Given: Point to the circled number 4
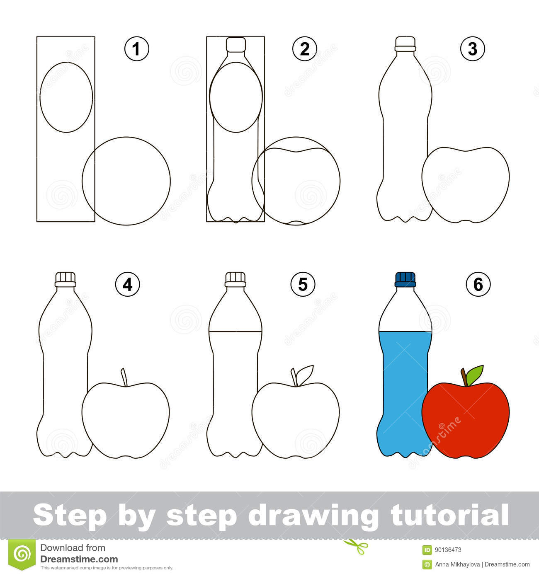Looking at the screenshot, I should (x=127, y=284).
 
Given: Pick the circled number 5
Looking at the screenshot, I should (x=303, y=284).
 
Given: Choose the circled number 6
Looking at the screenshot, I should (x=478, y=284).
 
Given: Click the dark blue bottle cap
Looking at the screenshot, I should (x=405, y=279).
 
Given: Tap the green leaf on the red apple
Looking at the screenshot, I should (x=475, y=374).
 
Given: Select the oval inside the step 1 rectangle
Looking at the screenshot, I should (x=66, y=97).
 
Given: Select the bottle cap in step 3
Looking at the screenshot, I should (x=405, y=44).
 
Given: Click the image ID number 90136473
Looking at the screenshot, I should (x=448, y=550).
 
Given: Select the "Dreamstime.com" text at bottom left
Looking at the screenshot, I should (x=79, y=559).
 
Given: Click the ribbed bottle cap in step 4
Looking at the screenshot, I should (x=66, y=279).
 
